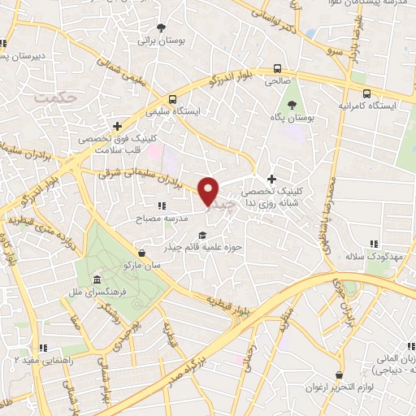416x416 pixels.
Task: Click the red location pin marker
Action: click(x=209, y=190)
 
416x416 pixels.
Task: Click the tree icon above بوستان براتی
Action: click(x=161, y=24)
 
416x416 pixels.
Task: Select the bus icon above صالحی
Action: click(x=279, y=68)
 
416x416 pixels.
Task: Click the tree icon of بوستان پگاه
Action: click(x=292, y=103)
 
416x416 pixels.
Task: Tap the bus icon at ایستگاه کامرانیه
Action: click(x=366, y=93)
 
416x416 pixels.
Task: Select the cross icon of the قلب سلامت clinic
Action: click(x=119, y=127)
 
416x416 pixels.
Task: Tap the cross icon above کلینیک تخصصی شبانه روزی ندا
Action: click(x=271, y=180)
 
